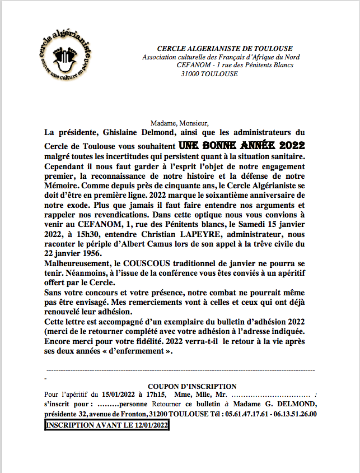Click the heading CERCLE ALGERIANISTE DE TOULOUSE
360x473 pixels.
(x=225, y=49)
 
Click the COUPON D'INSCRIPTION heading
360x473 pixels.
(x=191, y=386)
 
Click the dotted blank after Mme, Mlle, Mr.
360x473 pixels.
(x=269, y=395)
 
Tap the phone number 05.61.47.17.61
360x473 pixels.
(x=247, y=414)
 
